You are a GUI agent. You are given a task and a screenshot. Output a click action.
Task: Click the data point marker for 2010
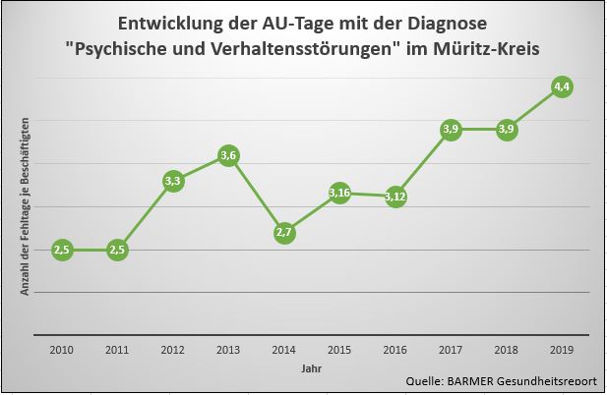point(61,250)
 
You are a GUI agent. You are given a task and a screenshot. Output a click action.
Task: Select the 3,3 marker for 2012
point(173,181)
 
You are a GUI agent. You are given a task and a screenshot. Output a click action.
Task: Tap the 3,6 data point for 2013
point(228,155)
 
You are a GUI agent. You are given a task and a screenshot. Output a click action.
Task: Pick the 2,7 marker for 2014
point(283,233)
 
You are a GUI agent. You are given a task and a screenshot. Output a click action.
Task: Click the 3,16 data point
point(339,193)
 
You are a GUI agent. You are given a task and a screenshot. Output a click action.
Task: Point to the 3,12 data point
point(395,196)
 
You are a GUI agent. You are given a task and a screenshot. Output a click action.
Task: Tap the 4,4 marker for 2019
point(563,86)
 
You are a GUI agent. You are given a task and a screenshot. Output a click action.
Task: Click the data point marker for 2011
point(117,250)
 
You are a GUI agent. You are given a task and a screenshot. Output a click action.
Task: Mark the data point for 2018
point(507,130)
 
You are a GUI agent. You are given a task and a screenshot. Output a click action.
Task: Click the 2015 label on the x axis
point(339,349)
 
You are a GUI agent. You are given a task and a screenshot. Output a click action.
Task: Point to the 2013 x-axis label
point(228,349)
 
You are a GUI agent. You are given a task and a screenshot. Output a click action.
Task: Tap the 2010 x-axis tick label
point(61,349)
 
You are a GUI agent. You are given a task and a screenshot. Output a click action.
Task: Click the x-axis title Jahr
point(311,368)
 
